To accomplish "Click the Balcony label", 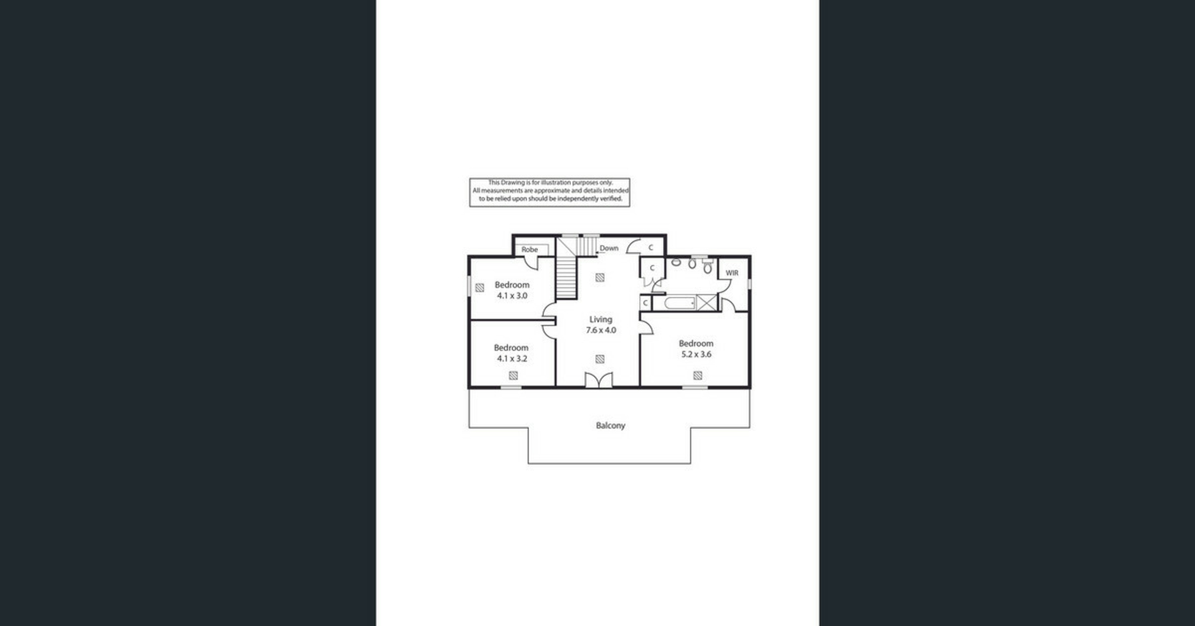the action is click(x=610, y=426).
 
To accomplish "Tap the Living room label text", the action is click(x=601, y=319).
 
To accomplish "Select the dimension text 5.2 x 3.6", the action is click(x=696, y=354).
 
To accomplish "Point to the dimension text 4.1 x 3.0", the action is click(x=512, y=296).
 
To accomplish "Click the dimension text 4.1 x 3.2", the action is click(x=512, y=358).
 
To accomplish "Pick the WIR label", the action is click(x=732, y=273).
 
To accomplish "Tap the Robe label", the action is click(x=530, y=250).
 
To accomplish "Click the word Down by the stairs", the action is click(x=609, y=248).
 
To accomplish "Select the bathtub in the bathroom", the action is click(x=679, y=303).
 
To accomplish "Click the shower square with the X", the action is click(x=706, y=303).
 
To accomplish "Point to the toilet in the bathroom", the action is click(x=707, y=267).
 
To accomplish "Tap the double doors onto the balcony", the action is click(x=599, y=380).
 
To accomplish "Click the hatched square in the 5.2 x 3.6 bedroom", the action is click(x=698, y=375).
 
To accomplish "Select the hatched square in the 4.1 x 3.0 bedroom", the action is click(x=480, y=287).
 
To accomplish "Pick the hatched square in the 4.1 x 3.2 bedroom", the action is click(x=513, y=375).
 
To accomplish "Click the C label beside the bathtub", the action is click(x=645, y=303).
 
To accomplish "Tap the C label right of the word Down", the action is click(x=651, y=248).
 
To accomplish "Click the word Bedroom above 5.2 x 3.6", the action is click(x=696, y=343).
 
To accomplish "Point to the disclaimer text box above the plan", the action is click(x=550, y=192).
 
